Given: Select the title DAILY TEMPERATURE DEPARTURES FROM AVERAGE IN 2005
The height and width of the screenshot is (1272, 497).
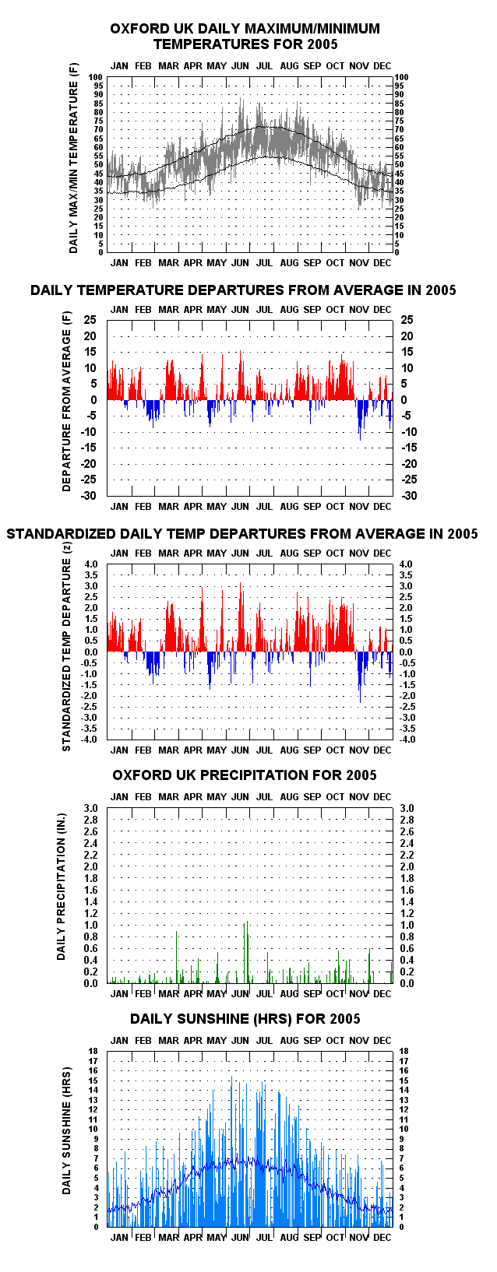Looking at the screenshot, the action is pos(243,290).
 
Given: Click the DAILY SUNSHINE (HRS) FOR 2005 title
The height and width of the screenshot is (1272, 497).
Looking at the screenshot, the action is pos(245,1019).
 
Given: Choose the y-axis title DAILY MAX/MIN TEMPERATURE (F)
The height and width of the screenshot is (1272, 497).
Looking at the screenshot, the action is pos(73,159).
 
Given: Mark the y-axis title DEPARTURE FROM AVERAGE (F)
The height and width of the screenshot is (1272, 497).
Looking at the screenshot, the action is pos(66,402).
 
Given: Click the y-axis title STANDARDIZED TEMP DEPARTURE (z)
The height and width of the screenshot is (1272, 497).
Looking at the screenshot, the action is pos(66,646).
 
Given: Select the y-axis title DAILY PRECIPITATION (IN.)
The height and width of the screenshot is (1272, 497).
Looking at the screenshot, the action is pos(61,887).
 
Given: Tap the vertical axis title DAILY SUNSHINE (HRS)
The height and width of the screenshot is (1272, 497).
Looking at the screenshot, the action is pos(66,1130).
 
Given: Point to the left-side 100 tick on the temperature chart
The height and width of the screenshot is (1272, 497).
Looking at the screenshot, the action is pos(95,77).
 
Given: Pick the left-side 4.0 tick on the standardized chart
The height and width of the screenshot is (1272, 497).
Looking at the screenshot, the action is pos(91,564).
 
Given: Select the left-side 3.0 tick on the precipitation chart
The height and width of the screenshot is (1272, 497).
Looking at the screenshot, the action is pos(91,808).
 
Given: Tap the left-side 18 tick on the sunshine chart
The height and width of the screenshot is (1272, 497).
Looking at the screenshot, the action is pos(93,1051).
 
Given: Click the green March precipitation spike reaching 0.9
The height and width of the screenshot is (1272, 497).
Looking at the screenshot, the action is pos(177,957).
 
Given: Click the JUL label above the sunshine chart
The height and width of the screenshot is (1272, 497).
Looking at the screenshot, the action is pos(264,1040).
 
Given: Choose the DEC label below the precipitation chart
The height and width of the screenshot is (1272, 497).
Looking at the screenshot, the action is pos(382,994).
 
